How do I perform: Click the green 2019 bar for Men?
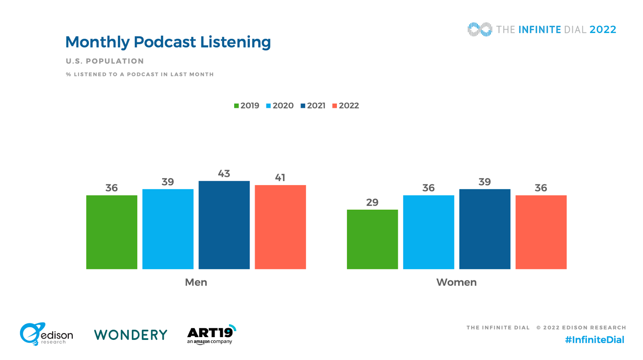click(x=112, y=232)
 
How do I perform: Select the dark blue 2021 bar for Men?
click(x=224, y=225)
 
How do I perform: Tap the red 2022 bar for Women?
click(x=541, y=232)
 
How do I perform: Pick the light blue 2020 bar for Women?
click(x=428, y=232)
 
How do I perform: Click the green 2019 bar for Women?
click(x=372, y=239)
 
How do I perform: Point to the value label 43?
click(x=224, y=174)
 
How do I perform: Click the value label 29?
click(x=372, y=202)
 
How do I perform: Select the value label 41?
click(x=280, y=178)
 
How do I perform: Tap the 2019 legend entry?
click(x=247, y=106)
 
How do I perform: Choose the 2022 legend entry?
click(x=346, y=106)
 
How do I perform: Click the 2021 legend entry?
click(x=313, y=106)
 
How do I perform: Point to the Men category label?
click(x=196, y=282)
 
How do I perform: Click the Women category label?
click(x=457, y=282)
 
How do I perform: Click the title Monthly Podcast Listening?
click(x=168, y=42)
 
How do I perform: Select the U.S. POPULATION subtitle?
click(x=105, y=61)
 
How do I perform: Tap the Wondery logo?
click(x=131, y=335)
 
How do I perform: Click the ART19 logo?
click(x=211, y=334)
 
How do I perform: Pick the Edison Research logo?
click(x=46, y=334)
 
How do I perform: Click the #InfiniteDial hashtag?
click(x=594, y=340)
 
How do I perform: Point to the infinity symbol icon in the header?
click(x=479, y=29)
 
